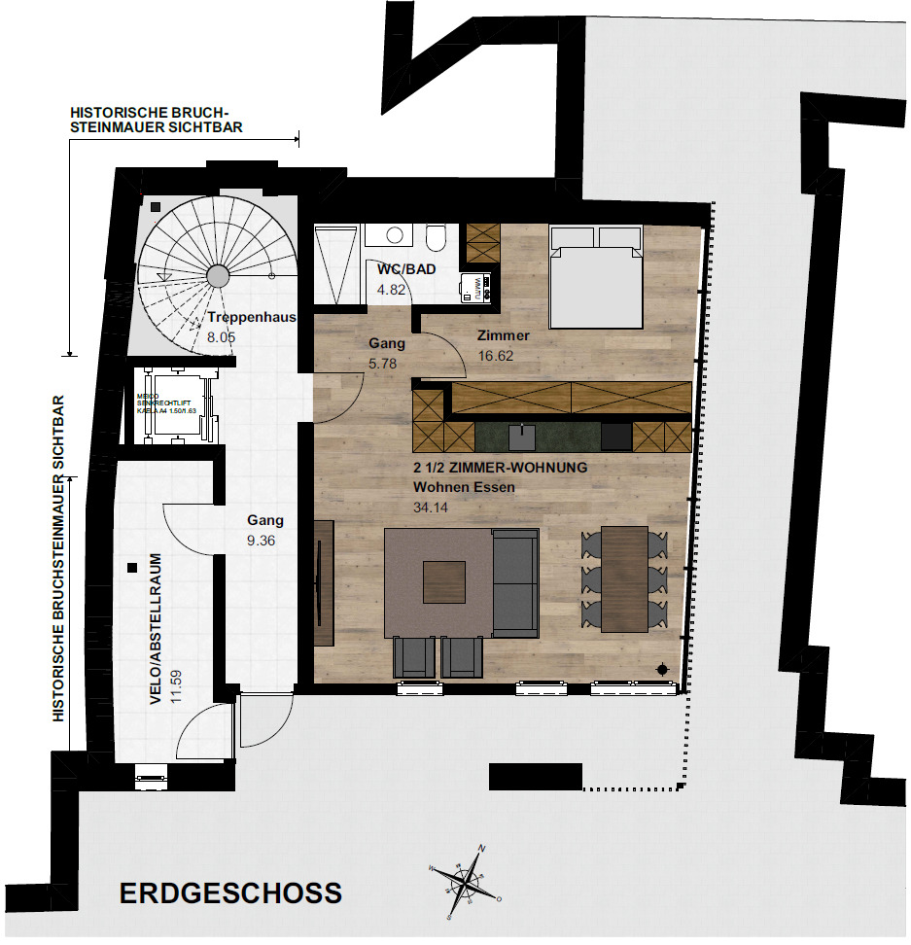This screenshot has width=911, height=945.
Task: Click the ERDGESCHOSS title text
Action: click(230, 892)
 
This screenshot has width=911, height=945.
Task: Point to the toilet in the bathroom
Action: click(436, 237)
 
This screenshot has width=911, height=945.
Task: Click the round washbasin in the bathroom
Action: click(395, 234)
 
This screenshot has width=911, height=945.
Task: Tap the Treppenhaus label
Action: click(251, 318)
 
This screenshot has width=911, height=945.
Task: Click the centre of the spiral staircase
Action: click(217, 275)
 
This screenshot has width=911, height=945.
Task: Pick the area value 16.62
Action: click(495, 355)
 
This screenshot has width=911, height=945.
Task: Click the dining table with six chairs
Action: click(624, 577)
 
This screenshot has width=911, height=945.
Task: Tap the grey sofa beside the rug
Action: click(516, 583)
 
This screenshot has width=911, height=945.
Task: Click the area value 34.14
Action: click(431, 506)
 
